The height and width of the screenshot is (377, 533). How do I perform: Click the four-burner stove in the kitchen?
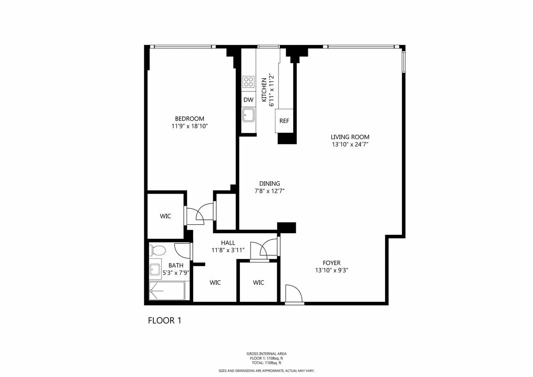pyautogui.click(x=248, y=82)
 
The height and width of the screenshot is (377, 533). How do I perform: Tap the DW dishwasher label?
pyautogui.click(x=248, y=100)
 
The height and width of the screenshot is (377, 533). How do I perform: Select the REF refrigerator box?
pyautogui.click(x=284, y=121)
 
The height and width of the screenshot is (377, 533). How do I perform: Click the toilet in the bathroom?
pyautogui.click(x=156, y=250)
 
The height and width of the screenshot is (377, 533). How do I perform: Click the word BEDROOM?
pyautogui.click(x=190, y=119)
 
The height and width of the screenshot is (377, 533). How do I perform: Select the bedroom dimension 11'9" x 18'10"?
pyautogui.click(x=190, y=127)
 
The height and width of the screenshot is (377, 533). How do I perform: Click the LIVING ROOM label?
pyautogui.click(x=350, y=137)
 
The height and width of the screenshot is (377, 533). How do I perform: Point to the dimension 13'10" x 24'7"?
pyautogui.click(x=350, y=145)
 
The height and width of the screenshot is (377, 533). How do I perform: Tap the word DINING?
pyautogui.click(x=270, y=183)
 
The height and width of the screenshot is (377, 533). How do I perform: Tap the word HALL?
pyautogui.click(x=228, y=243)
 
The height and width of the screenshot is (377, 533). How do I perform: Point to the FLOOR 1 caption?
pyautogui.click(x=164, y=320)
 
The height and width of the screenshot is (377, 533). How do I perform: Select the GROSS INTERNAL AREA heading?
pyautogui.click(x=266, y=353)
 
